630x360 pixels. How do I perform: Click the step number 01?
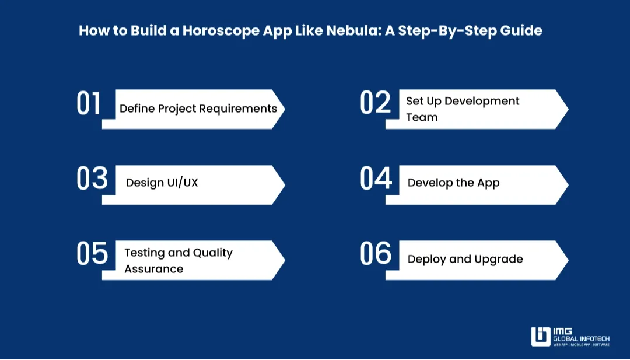89,104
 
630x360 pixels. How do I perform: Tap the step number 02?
375,103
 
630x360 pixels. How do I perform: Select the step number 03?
92,179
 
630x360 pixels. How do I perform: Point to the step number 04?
376,179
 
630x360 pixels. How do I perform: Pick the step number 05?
92,254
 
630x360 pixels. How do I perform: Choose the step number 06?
376,254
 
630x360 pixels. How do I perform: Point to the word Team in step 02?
422,117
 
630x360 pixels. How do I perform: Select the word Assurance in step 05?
153,269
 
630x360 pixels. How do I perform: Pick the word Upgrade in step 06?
499,259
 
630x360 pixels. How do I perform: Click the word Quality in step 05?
212,253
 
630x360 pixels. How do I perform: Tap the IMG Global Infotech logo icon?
541,337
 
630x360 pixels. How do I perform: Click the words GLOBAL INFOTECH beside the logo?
581,338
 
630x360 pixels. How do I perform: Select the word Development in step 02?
482,101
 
